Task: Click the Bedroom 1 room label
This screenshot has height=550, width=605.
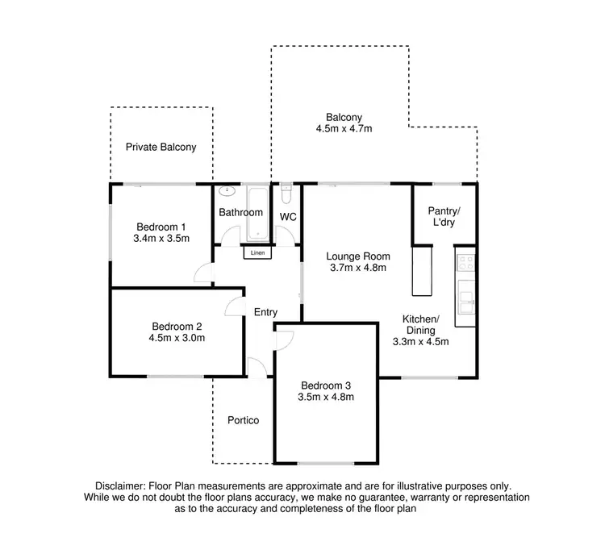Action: [161, 226]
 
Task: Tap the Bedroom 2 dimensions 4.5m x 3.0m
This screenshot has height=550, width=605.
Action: [177, 338]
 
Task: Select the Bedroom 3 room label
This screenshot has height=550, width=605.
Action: [327, 385]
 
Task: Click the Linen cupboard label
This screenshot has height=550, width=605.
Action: [257, 253]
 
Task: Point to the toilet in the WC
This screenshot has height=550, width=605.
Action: [286, 196]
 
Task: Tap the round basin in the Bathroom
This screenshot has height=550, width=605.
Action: [227, 192]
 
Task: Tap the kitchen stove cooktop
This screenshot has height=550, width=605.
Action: [465, 262]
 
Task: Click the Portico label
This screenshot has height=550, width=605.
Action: [243, 420]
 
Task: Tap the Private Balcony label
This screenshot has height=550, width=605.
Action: [161, 148]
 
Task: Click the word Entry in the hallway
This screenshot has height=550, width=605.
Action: [265, 312]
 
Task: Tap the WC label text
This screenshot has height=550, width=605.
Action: [289, 217]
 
